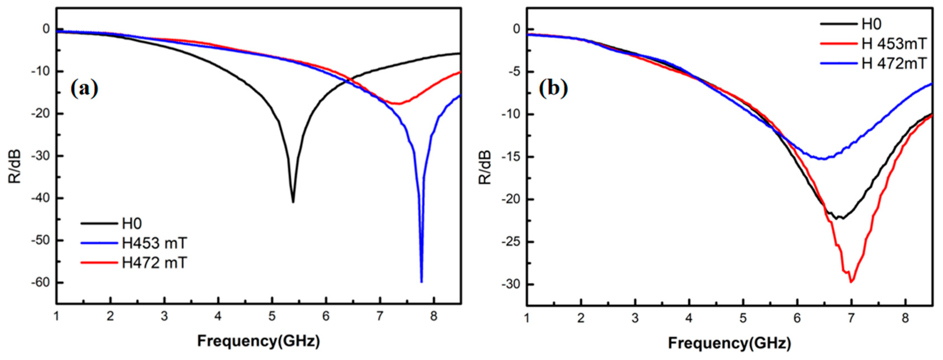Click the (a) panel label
85,89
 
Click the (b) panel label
554,89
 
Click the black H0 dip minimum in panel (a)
293,202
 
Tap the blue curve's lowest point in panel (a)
421,281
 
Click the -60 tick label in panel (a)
41,282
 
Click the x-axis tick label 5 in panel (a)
272,317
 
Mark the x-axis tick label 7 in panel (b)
851,318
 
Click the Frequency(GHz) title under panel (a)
258,341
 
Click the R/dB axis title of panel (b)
485,167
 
